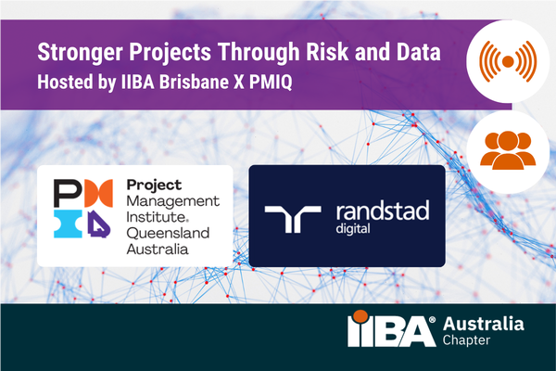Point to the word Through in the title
(x=258, y=51)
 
